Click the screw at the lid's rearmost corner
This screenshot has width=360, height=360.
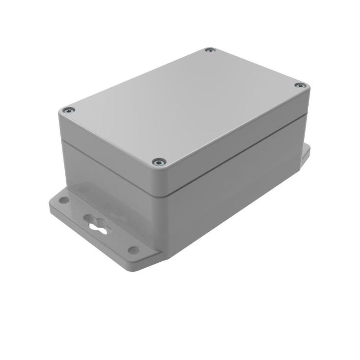tap(210, 50)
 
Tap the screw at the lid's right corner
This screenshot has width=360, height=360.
tap(299, 85)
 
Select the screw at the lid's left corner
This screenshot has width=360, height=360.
tap(68, 110)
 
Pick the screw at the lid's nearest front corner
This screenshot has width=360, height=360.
tap(159, 162)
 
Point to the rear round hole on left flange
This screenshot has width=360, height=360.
tap(64, 200)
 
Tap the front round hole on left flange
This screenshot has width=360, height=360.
tap(134, 250)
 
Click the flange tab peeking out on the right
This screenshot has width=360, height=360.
tap(306, 153)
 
